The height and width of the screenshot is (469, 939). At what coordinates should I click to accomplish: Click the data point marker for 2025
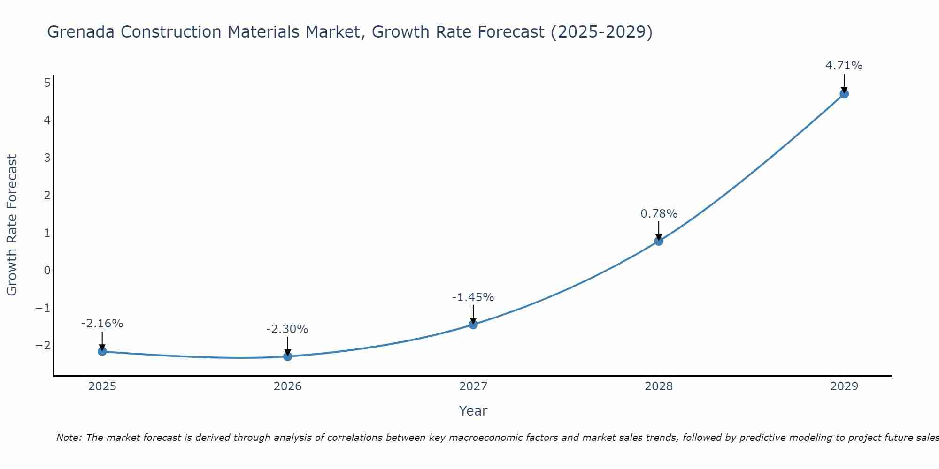(x=102, y=351)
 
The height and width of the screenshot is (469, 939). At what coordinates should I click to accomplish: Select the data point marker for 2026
(x=287, y=356)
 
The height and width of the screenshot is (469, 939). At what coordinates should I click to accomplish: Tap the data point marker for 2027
(x=473, y=324)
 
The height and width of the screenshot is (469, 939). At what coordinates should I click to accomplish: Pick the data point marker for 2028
(x=658, y=241)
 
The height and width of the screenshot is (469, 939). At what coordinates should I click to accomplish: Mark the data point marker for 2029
(x=844, y=94)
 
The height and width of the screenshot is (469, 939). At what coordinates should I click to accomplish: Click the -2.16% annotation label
(x=102, y=324)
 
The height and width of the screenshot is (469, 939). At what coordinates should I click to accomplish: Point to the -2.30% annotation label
(x=287, y=329)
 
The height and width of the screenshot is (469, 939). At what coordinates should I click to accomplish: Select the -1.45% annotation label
(x=473, y=297)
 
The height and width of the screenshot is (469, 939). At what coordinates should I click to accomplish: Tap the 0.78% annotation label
(x=659, y=214)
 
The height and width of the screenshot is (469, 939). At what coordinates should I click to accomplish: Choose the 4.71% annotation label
(x=844, y=66)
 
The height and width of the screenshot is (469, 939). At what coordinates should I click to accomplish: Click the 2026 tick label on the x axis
(x=287, y=386)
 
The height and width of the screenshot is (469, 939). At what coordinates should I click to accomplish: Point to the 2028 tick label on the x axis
(x=658, y=386)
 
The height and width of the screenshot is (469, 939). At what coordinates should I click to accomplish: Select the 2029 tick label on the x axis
(x=844, y=386)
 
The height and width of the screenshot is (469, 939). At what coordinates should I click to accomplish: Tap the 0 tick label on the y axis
(x=47, y=271)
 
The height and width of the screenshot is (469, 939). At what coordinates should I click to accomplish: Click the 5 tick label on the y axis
(x=47, y=83)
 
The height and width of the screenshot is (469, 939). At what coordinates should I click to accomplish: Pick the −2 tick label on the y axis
(x=43, y=346)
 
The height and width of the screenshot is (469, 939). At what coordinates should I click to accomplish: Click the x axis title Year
(x=473, y=411)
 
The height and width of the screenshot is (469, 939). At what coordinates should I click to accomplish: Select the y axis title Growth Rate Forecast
(x=12, y=225)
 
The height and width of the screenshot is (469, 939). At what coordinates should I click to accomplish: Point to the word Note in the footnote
(x=69, y=438)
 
